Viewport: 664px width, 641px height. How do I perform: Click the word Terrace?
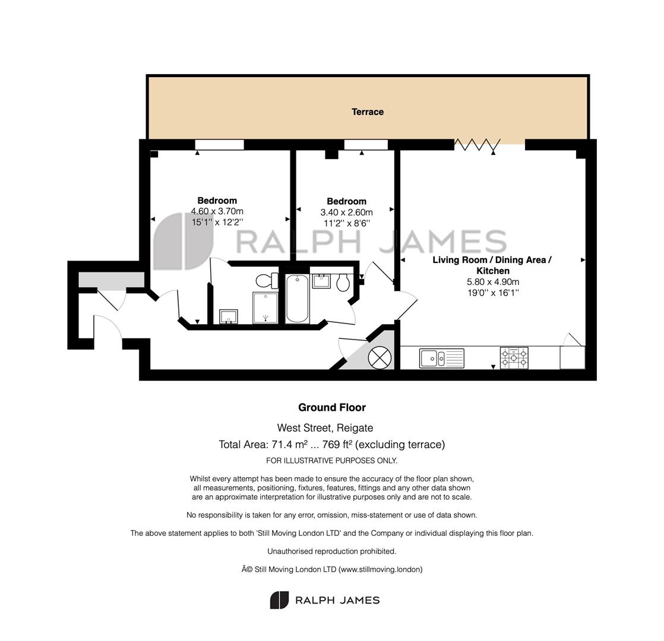tap(368, 112)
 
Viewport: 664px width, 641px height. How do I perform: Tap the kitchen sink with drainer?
tap(442, 358)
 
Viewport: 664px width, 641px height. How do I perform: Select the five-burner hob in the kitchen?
tap(514, 357)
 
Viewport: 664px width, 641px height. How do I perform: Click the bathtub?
tap(297, 299)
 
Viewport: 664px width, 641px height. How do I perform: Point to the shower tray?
tap(265, 307)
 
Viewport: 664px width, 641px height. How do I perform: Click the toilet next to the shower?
tap(267, 281)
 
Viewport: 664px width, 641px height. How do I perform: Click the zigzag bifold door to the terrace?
tap(478, 145)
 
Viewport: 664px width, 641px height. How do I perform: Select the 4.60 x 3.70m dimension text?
tap(217, 211)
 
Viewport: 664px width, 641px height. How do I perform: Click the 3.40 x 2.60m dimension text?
tap(346, 212)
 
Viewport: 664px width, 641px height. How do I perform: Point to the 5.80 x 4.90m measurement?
tap(493, 282)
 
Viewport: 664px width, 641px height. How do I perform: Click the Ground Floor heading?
tap(332, 407)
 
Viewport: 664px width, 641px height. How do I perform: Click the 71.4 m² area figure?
tap(289, 445)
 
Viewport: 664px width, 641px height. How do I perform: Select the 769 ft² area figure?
tap(337, 445)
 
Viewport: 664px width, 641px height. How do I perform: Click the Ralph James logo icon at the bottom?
tap(279, 600)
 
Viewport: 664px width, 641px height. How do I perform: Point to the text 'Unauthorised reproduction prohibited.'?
tap(332, 551)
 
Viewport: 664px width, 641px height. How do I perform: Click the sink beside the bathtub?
tap(321, 281)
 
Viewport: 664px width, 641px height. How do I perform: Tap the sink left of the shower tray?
tap(229, 316)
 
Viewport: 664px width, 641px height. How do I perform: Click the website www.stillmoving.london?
tap(380, 570)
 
